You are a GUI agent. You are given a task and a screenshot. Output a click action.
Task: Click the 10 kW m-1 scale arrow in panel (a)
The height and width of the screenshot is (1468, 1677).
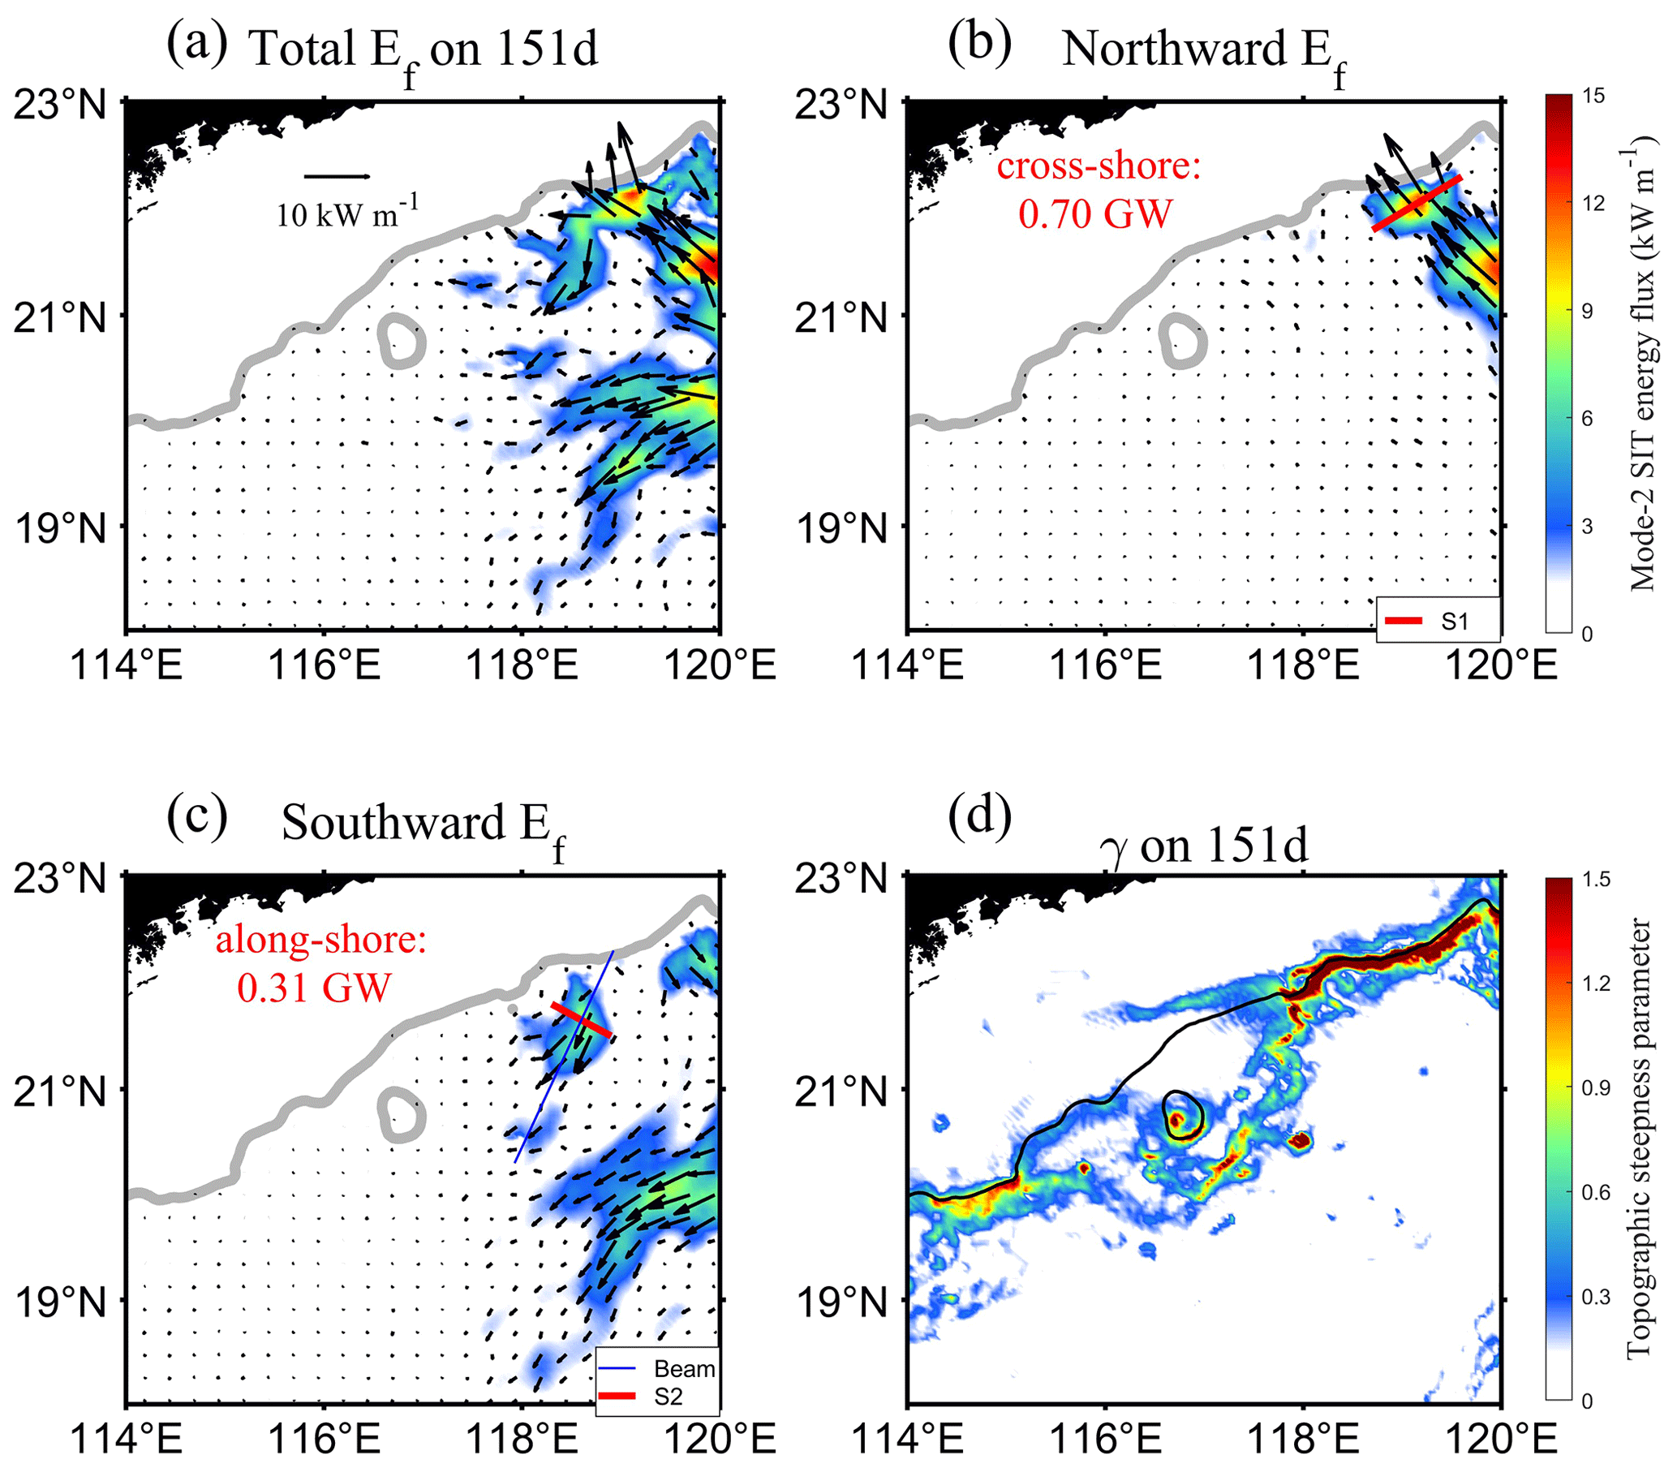337,176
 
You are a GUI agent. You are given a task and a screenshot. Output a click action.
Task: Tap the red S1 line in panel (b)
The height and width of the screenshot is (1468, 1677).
1417,202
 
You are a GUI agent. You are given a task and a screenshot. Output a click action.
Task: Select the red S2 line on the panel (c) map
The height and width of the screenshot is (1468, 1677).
581,1019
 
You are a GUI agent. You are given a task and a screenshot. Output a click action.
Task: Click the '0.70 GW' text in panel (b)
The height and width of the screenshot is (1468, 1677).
1095,213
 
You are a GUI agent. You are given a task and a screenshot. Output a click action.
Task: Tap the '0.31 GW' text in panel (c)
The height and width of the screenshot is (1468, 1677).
314,987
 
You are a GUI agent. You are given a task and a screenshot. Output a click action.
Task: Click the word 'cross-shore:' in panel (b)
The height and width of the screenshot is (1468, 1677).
1098,166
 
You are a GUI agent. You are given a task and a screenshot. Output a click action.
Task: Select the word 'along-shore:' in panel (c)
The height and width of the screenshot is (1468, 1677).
321,940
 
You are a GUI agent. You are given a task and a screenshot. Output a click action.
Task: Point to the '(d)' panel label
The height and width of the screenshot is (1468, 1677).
979,816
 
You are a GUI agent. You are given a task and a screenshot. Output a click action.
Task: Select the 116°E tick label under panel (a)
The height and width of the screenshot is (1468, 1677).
325,665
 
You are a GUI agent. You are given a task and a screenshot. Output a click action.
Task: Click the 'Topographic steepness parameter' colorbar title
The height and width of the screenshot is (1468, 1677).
1638,1139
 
